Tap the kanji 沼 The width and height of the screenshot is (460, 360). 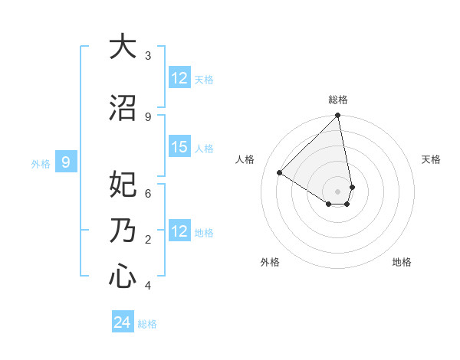click(122, 108)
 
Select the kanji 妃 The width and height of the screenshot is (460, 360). click(122, 185)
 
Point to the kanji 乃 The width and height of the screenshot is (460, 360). click(122, 231)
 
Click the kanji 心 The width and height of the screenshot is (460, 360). click(122, 277)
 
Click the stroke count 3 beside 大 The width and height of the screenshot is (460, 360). click(148, 55)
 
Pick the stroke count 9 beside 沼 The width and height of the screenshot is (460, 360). click(148, 116)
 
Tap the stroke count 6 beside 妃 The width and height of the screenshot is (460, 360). click(148, 193)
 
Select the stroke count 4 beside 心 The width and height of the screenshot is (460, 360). click(148, 286)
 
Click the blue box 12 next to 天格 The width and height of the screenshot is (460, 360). click(179, 78)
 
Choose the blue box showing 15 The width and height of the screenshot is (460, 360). click(179, 147)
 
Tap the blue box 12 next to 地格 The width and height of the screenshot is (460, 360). click(179, 231)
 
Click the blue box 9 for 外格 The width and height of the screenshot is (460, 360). click(67, 162)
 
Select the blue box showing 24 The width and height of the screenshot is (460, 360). click(122, 323)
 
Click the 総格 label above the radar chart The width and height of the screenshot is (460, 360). click(338, 100)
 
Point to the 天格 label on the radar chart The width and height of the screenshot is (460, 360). click(432, 159)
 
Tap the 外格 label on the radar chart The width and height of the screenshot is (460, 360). click(270, 262)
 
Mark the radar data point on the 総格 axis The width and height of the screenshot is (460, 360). click(338, 116)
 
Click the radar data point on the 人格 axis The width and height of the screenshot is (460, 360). click(280, 173)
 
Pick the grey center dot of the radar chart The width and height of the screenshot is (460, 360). click(338, 191)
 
